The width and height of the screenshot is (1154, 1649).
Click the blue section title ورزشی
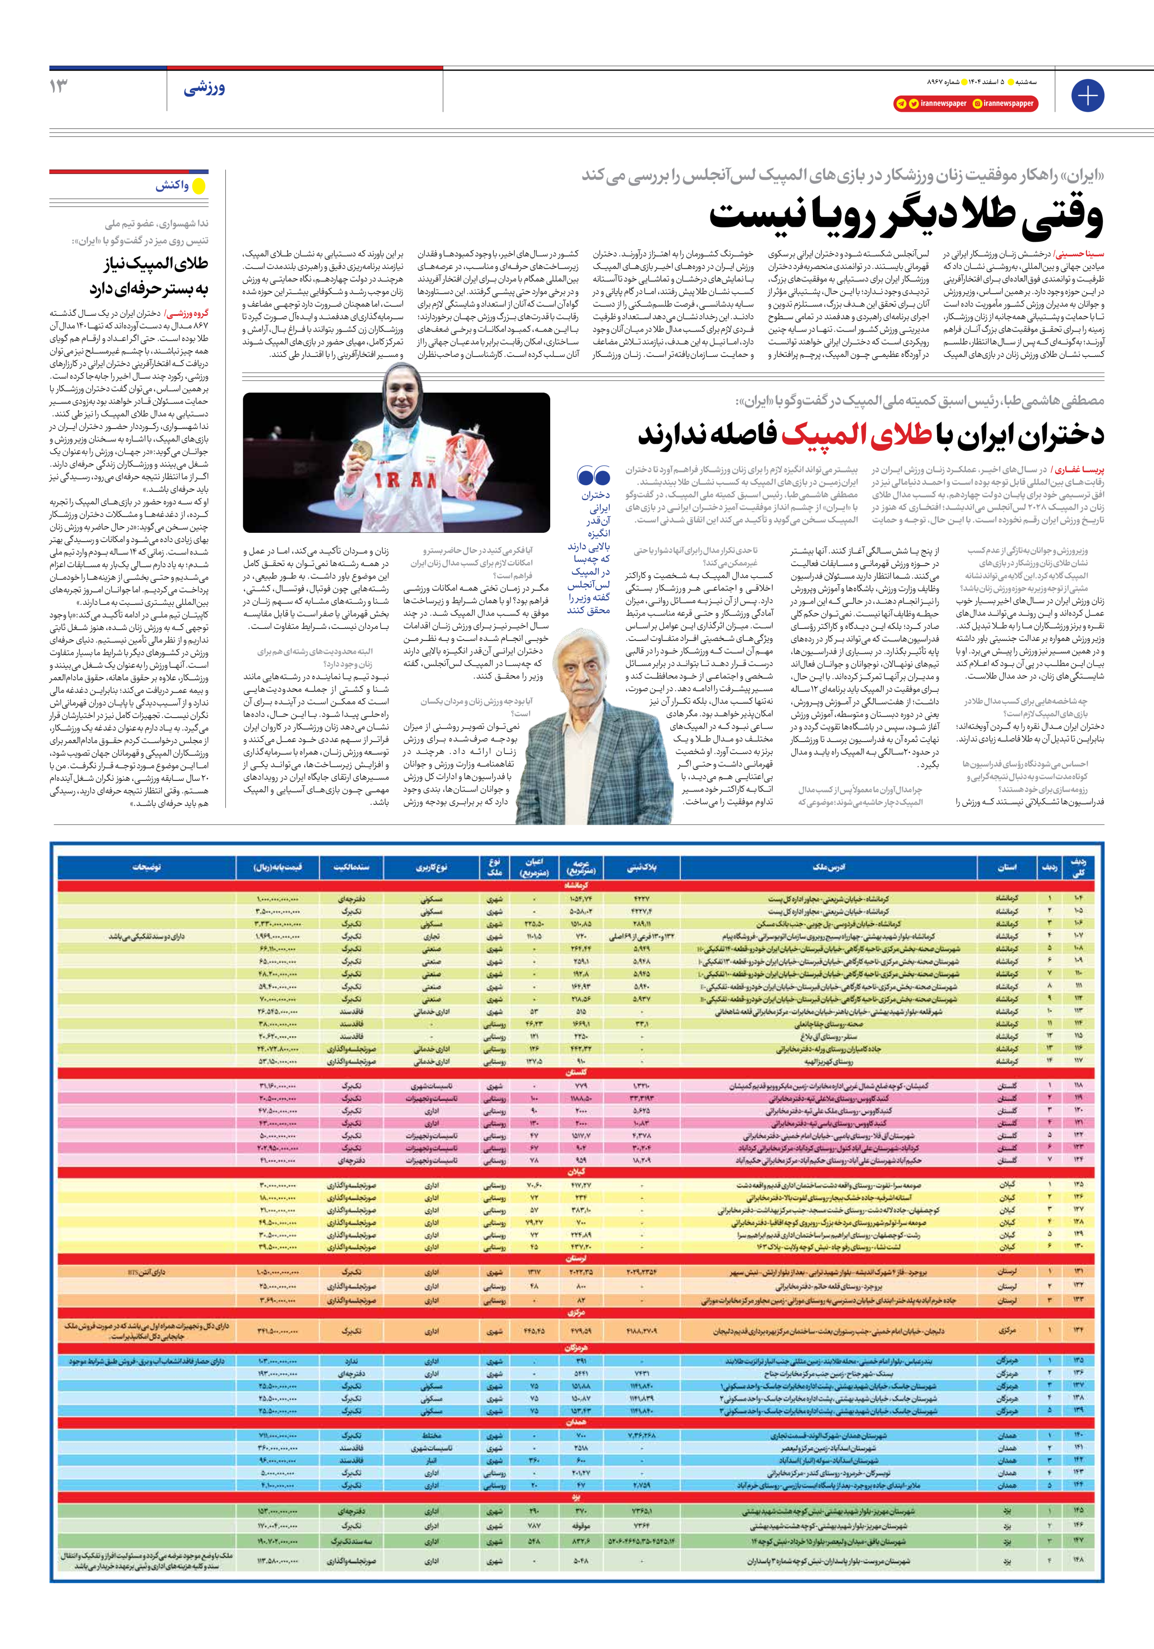(204, 88)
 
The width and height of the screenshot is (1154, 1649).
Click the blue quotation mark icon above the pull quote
(593, 476)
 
